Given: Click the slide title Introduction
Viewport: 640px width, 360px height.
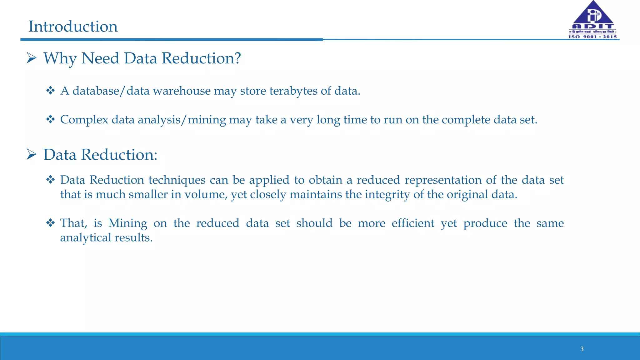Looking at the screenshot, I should click(73, 27).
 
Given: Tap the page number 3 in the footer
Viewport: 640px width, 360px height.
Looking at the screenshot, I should click(582, 349).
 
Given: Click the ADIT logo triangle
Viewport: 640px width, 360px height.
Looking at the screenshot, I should click(593, 14).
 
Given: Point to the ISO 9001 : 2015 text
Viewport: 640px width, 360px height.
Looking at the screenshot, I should click(593, 37).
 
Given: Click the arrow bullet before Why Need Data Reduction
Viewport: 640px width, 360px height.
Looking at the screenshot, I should click(32, 58).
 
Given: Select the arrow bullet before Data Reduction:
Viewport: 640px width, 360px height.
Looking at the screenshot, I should click(32, 154).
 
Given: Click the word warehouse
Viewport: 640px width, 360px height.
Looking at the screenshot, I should click(182, 91).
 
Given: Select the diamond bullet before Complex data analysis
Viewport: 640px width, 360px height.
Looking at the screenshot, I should click(50, 119).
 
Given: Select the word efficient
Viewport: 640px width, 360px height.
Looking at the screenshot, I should click(413, 223).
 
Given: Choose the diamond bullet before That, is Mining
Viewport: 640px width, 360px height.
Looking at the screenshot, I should click(50, 223).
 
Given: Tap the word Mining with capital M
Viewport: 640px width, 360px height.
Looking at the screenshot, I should click(127, 223).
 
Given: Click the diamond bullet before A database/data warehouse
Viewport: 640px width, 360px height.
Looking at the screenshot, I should click(50, 91).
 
